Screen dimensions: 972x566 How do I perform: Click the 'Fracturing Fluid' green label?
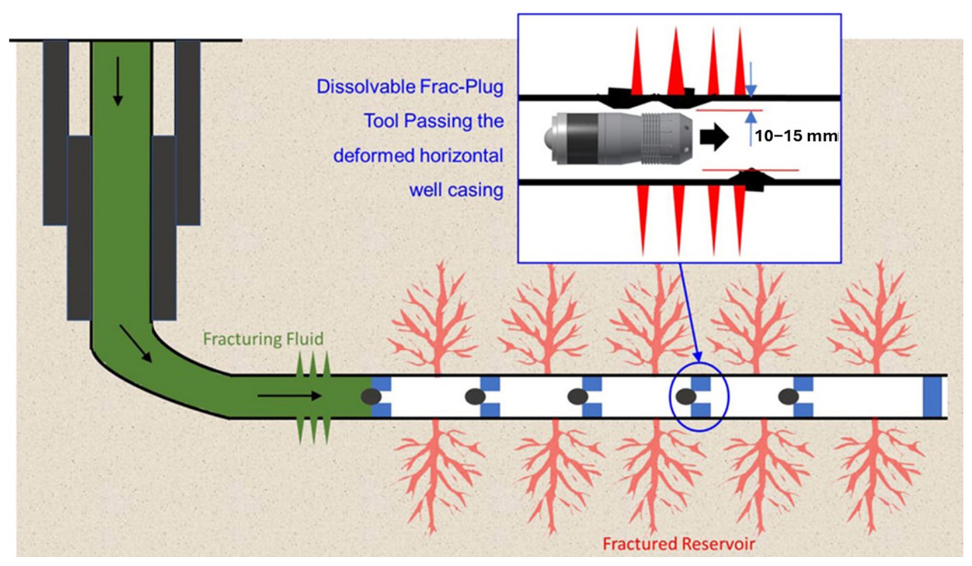point(264,339)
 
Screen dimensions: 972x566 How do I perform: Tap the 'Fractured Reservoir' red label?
point(679,543)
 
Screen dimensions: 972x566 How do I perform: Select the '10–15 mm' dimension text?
point(796,136)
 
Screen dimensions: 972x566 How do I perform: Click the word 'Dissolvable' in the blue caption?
point(362,87)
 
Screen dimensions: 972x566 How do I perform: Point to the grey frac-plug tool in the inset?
point(618,138)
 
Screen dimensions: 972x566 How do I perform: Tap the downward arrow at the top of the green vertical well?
point(118,81)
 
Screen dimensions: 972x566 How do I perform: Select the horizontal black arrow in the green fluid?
point(290,396)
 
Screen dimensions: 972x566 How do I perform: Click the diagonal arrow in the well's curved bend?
point(136,343)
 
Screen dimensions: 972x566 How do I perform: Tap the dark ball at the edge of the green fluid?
point(372,396)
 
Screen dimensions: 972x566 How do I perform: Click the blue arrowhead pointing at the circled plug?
point(697,357)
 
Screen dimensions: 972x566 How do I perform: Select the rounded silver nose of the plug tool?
point(550,138)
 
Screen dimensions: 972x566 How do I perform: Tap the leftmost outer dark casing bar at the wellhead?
point(55,133)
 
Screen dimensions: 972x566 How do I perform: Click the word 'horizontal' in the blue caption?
point(462,155)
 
